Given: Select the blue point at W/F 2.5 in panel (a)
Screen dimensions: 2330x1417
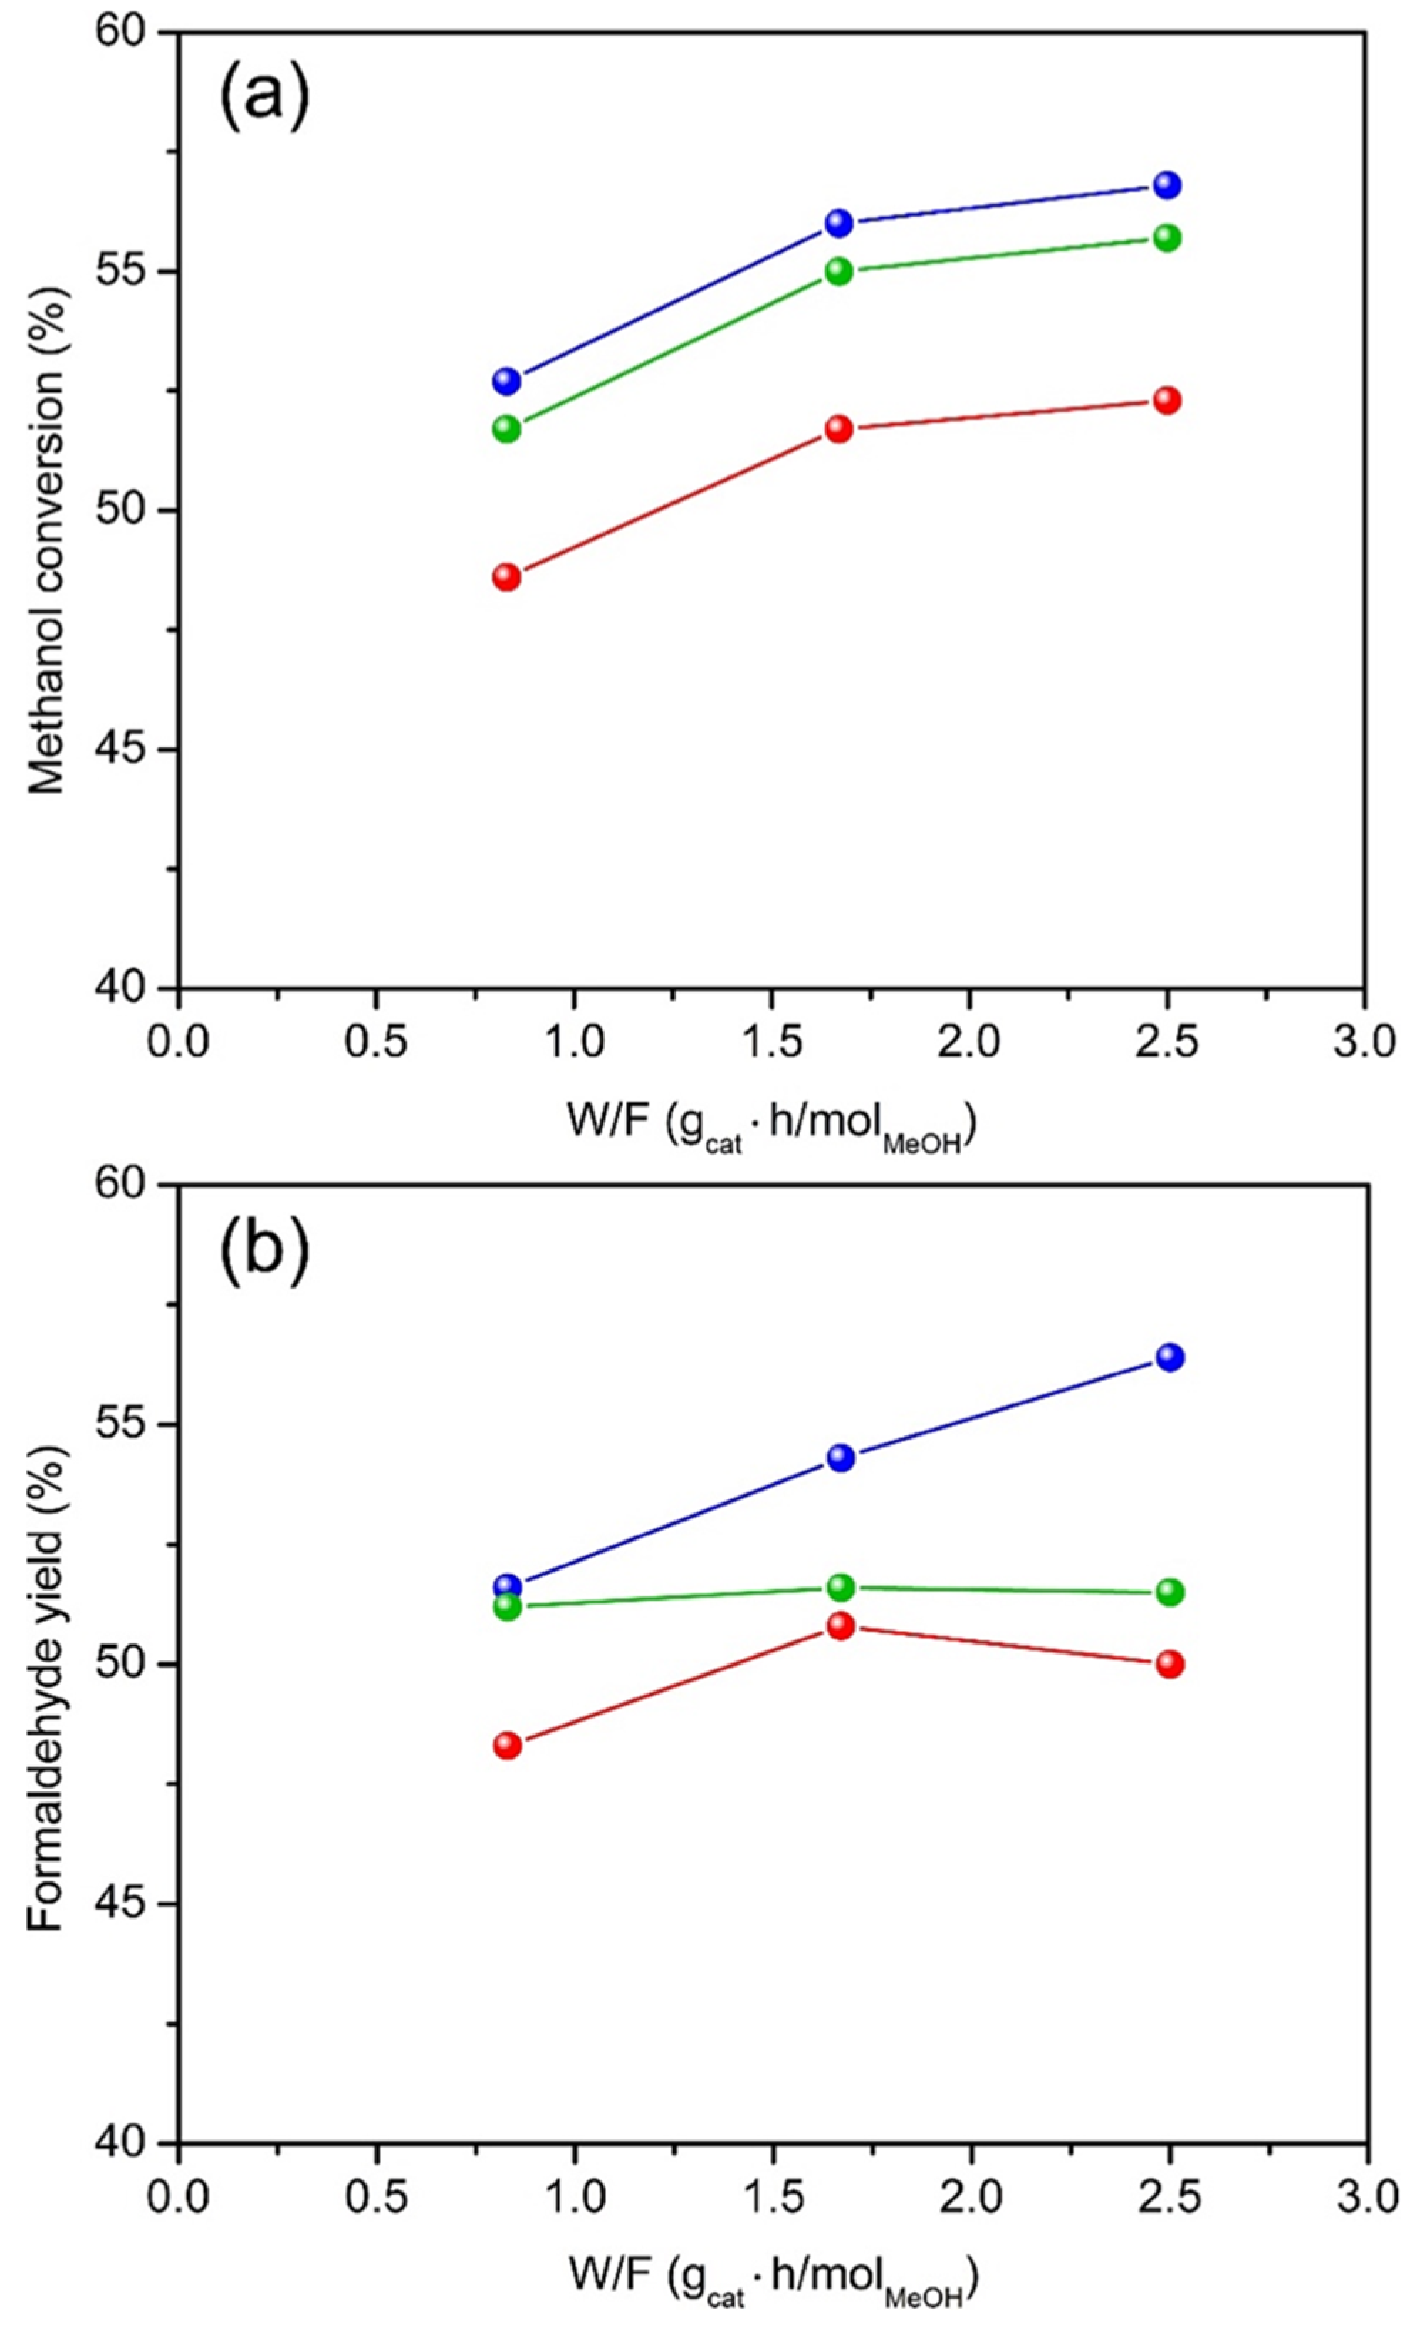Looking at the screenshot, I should [1168, 184].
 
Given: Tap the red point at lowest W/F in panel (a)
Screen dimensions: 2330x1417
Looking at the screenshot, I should [508, 577].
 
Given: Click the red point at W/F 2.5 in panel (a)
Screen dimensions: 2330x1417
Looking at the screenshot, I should [1168, 400].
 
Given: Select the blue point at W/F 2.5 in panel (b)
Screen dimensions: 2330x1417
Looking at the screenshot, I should [1171, 1357].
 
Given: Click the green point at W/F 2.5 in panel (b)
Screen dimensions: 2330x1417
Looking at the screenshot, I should [1171, 1593].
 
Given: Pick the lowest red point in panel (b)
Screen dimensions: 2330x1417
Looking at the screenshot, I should [508, 1744].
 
